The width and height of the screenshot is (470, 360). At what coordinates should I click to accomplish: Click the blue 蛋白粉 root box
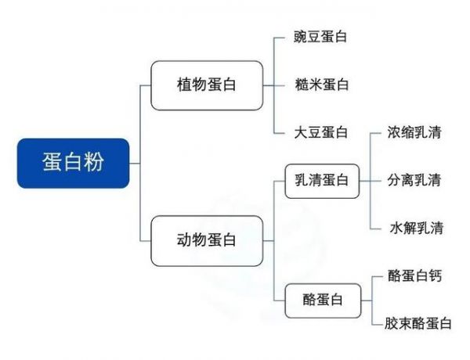point(73,164)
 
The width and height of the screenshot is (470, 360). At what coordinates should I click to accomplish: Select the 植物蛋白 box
point(207,85)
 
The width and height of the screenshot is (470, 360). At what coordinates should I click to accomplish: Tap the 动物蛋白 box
point(207,241)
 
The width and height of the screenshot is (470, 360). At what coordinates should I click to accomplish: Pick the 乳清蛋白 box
point(322,181)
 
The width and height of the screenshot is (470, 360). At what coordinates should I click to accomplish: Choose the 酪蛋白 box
point(323,301)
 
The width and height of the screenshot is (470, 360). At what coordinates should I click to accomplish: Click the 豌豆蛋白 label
point(320,37)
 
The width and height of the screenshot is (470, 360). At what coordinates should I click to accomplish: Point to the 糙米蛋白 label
point(322,85)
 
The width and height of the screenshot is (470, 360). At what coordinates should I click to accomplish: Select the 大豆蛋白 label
point(321,132)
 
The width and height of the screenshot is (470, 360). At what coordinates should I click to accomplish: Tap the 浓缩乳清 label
point(414,132)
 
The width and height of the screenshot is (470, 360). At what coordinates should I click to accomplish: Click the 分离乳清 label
point(414,180)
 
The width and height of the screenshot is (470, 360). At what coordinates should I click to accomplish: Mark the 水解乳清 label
point(417,228)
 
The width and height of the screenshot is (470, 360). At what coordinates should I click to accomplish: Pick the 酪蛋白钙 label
point(415,275)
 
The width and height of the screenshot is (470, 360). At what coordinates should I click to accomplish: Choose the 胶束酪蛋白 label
point(418,323)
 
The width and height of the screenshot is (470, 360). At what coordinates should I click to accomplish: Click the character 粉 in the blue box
point(94,162)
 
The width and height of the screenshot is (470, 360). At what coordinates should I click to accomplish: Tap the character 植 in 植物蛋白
point(184,85)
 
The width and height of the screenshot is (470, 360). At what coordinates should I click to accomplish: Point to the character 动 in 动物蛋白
point(184,240)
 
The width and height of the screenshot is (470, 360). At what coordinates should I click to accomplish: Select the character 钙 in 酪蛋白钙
point(436,275)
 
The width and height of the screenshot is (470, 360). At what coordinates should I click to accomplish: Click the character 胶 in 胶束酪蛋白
point(391,323)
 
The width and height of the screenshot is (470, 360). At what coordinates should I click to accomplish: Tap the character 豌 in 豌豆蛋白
point(300,37)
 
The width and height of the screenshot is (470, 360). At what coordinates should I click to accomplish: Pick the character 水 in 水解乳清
point(396,228)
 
